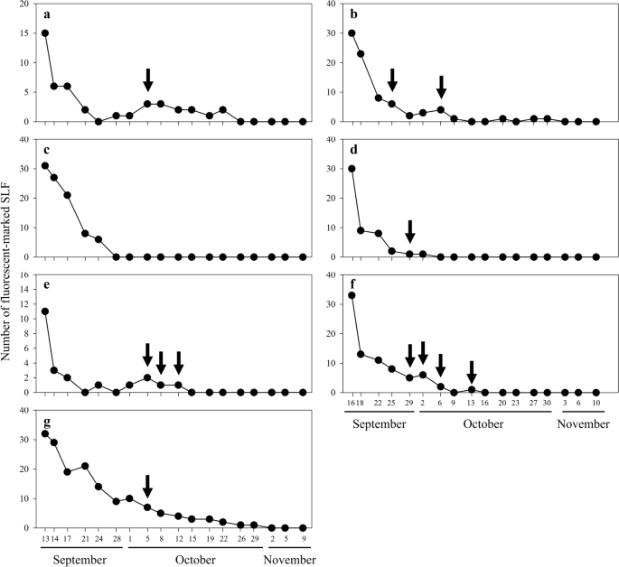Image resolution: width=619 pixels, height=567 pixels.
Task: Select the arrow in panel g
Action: [x=148, y=485]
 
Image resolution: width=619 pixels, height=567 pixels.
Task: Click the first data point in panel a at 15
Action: [x=45, y=33]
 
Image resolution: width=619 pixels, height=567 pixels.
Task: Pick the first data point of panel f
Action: [x=352, y=295]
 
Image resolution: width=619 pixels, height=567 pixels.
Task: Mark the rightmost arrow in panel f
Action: [x=471, y=371]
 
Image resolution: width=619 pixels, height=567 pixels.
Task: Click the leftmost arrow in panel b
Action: [x=391, y=79]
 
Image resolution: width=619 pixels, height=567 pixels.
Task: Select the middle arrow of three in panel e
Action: [x=161, y=363]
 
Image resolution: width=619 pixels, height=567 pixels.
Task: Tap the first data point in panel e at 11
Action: [x=45, y=311]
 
